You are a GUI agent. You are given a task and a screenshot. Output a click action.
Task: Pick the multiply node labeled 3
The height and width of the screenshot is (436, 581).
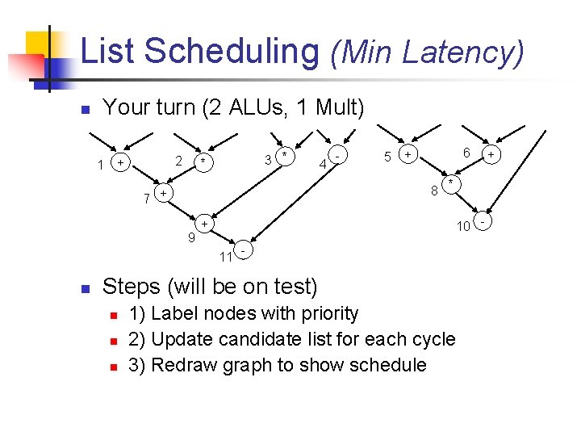[x=284, y=155]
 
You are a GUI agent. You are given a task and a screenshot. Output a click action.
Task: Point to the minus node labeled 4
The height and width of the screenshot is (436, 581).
[x=339, y=154]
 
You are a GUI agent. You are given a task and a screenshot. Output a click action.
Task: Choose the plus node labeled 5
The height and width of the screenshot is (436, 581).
[x=408, y=153]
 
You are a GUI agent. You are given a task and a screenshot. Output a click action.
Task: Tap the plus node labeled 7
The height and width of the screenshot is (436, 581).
[x=163, y=194]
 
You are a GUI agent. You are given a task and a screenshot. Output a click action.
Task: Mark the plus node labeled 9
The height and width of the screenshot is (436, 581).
[x=205, y=224]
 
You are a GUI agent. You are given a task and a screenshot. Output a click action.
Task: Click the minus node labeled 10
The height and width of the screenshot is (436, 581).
[x=483, y=220]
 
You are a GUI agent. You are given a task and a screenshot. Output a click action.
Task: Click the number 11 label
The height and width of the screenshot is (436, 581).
[x=226, y=258]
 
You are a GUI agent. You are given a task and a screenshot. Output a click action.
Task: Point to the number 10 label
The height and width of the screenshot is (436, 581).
[x=463, y=225]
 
